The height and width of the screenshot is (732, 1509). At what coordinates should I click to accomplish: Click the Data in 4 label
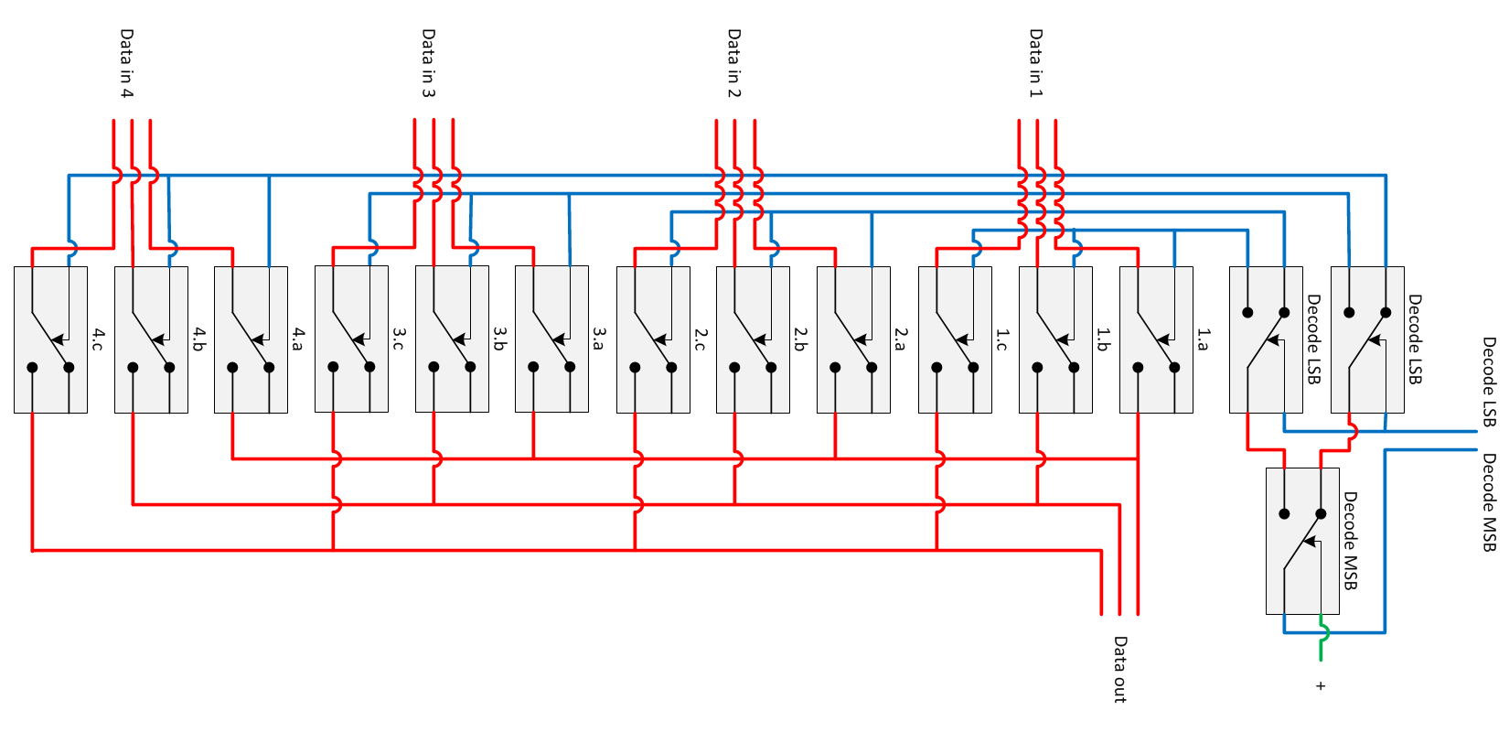[x=126, y=63]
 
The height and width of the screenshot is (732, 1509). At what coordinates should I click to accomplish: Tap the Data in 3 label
[x=428, y=63]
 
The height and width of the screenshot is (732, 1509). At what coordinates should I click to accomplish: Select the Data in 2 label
[x=733, y=63]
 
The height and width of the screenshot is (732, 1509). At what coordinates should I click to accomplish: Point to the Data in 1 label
[x=1035, y=63]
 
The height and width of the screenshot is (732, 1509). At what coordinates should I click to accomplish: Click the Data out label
[x=1119, y=669]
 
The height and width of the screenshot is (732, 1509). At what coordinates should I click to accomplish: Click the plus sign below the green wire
[x=1321, y=685]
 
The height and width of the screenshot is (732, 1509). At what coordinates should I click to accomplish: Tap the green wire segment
[x=1322, y=646]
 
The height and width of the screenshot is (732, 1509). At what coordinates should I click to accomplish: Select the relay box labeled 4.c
[x=50, y=339]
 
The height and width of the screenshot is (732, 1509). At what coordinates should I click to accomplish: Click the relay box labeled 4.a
[x=251, y=339]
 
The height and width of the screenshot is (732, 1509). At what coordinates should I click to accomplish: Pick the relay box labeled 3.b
[x=452, y=339]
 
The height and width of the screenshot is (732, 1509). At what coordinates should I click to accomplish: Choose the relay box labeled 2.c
[x=653, y=339]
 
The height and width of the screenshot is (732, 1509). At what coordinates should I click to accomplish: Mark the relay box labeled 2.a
[x=853, y=339]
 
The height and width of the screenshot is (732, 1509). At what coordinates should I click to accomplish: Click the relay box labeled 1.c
[x=955, y=339]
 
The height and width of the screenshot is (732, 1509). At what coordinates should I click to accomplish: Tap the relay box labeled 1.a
[x=1156, y=339]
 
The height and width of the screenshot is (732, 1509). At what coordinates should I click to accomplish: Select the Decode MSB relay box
[x=1302, y=541]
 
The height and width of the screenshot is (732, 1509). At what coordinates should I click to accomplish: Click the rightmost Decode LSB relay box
[x=1367, y=339]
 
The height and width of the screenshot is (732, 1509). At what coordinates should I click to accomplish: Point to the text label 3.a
[x=599, y=339]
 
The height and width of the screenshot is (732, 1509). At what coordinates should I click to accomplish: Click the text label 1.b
[x=1103, y=339]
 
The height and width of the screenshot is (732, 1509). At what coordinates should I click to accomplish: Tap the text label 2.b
[x=800, y=339]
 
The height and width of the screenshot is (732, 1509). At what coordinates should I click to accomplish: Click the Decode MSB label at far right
[x=1490, y=502]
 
